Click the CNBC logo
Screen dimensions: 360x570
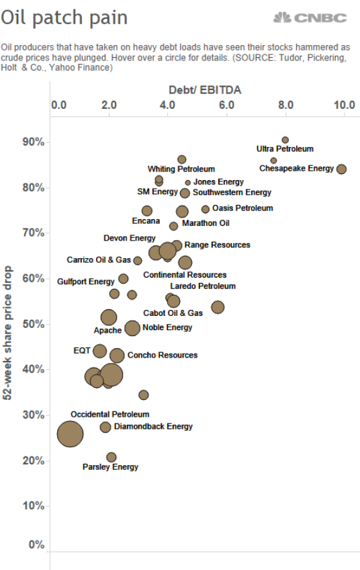[x=310, y=17]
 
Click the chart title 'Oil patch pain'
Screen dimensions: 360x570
[x=64, y=17]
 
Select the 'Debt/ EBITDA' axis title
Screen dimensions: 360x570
[x=205, y=90]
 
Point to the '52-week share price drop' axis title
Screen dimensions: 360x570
[x=7, y=333]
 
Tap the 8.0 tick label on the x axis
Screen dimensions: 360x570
[x=286, y=105]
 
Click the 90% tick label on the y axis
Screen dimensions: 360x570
[x=34, y=142]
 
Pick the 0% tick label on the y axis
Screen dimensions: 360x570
[x=36, y=544]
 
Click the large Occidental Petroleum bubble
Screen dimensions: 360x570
[x=70, y=434]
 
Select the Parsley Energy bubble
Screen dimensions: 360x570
[x=111, y=457]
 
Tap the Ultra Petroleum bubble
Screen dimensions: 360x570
[x=285, y=140]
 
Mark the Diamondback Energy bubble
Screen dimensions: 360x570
[x=105, y=427]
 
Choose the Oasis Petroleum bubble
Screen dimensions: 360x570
[x=206, y=209]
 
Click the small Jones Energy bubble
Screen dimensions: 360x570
[x=188, y=183]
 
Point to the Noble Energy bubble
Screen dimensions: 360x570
[x=132, y=328]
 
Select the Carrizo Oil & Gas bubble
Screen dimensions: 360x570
[x=137, y=261]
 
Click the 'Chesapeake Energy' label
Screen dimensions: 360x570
[x=296, y=168]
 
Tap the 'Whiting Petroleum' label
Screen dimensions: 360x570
[x=181, y=169]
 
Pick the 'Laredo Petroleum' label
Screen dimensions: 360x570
[x=203, y=286]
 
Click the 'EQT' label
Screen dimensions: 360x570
[x=82, y=350]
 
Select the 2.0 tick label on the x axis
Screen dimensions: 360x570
[x=109, y=105]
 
